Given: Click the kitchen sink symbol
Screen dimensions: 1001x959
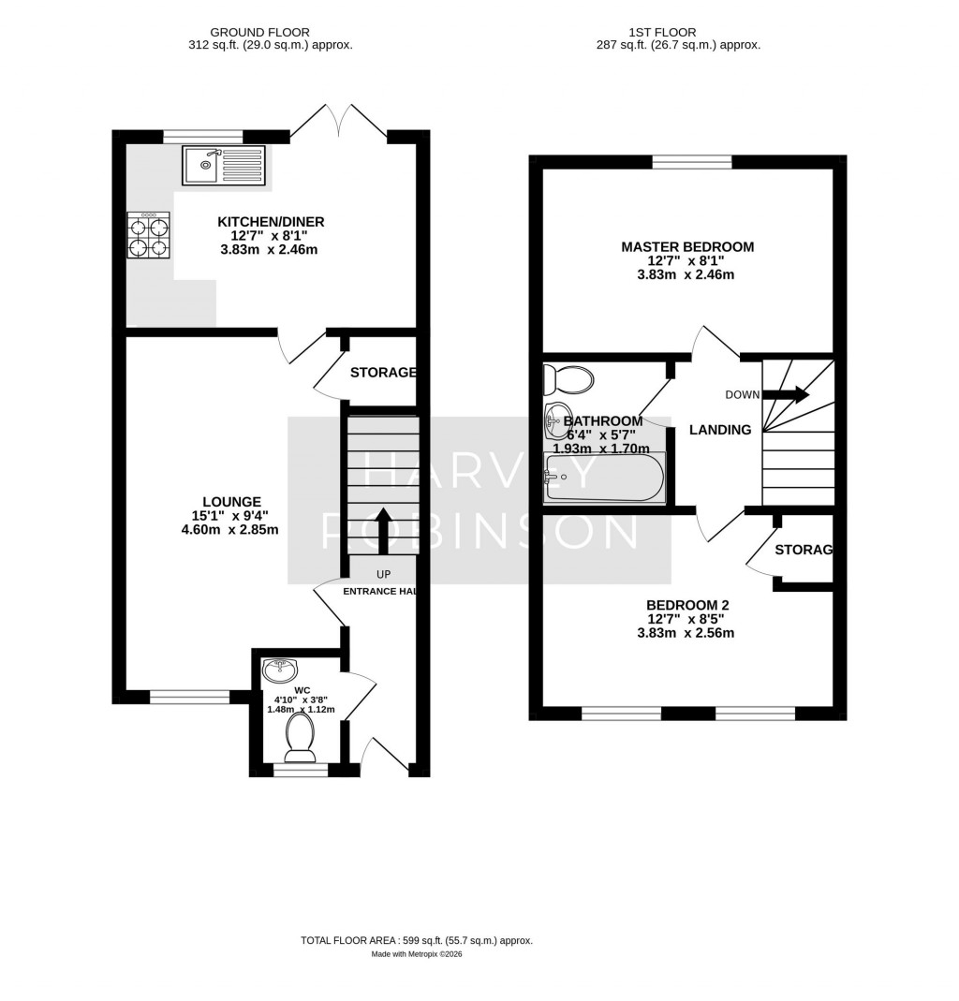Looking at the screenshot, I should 224,165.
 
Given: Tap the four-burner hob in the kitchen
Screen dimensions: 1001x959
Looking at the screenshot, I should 149,236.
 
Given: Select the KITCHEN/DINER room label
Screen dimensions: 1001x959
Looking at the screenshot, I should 271,222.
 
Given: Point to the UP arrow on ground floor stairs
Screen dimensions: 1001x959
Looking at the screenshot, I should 383,524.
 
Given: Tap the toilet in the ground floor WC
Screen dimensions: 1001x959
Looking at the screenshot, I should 300,735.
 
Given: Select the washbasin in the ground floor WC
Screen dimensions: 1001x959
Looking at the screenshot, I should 280,670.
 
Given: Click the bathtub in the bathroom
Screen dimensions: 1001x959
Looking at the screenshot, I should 604,478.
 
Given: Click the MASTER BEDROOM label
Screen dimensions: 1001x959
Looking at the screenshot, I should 687,247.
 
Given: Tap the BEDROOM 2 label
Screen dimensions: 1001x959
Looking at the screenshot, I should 687,605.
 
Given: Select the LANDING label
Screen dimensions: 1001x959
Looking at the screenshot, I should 720,430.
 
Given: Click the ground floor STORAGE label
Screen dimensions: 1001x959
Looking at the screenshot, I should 382,373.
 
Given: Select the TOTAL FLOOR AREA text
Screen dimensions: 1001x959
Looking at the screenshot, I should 416,940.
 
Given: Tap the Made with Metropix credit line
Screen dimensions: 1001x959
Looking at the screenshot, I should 417,954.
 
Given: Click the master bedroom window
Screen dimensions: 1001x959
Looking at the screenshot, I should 691,162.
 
